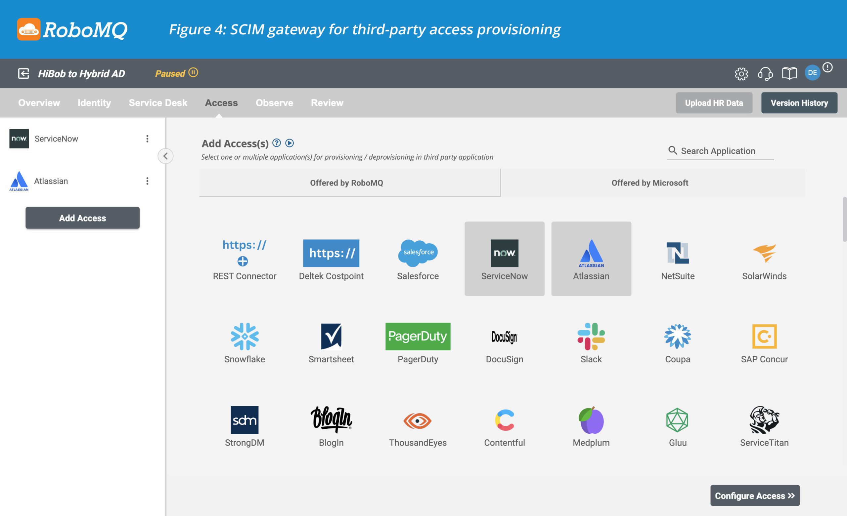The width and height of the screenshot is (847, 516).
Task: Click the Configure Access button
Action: [x=755, y=496]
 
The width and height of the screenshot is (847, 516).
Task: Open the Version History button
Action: [x=799, y=103]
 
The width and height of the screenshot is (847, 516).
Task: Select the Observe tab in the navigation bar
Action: [x=274, y=103]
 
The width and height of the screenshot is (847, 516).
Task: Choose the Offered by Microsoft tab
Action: [x=650, y=183]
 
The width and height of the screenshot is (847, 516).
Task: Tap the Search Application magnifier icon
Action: [x=672, y=150]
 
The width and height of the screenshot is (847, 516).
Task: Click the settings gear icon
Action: [x=741, y=73]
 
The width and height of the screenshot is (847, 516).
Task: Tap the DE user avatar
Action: [x=812, y=73]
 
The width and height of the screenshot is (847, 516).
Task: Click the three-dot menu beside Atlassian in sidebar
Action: [x=147, y=181]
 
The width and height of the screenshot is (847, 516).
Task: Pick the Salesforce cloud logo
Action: [x=418, y=253]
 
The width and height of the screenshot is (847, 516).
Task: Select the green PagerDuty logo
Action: [x=418, y=336]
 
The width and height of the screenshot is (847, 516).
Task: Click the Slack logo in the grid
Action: [x=591, y=336]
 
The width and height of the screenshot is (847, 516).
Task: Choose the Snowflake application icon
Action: [x=245, y=336]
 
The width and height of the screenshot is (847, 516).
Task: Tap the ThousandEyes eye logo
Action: [x=417, y=420]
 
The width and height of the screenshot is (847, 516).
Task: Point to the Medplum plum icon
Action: [x=591, y=420]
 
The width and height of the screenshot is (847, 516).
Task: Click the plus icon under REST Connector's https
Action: [x=243, y=261]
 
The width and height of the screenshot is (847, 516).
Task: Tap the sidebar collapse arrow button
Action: [x=165, y=156]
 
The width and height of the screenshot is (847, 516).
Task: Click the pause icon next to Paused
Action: [x=193, y=72]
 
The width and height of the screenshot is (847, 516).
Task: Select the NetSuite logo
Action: [x=678, y=253]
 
